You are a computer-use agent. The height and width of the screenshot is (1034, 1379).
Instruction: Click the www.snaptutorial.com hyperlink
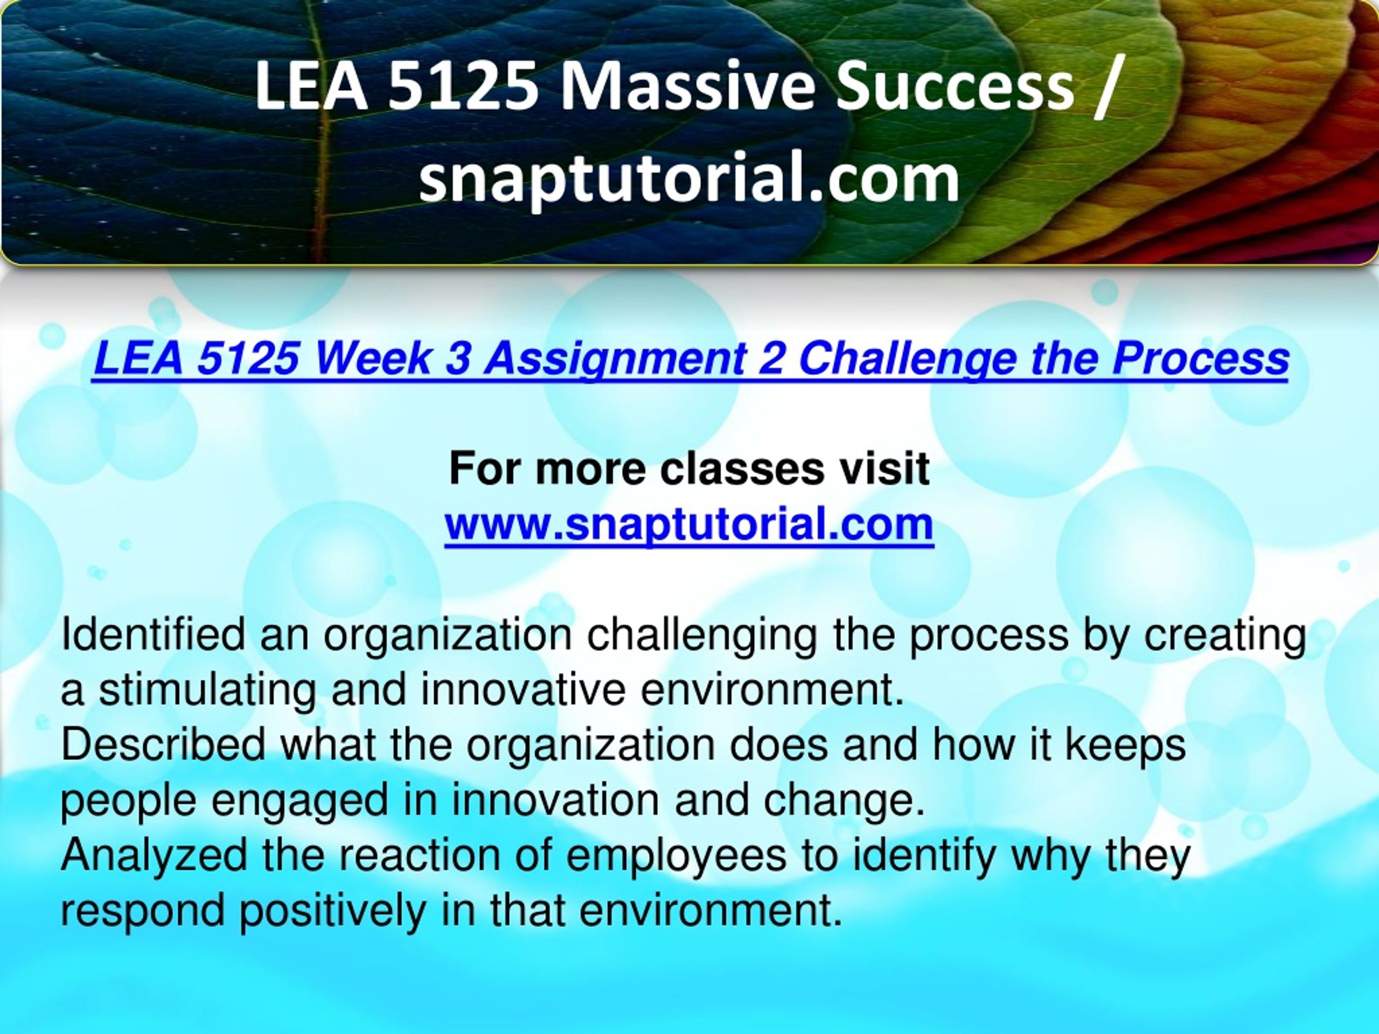click(x=689, y=524)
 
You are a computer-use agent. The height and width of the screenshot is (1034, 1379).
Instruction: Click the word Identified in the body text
click(x=154, y=635)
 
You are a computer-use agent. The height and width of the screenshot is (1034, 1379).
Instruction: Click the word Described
click(x=163, y=745)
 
